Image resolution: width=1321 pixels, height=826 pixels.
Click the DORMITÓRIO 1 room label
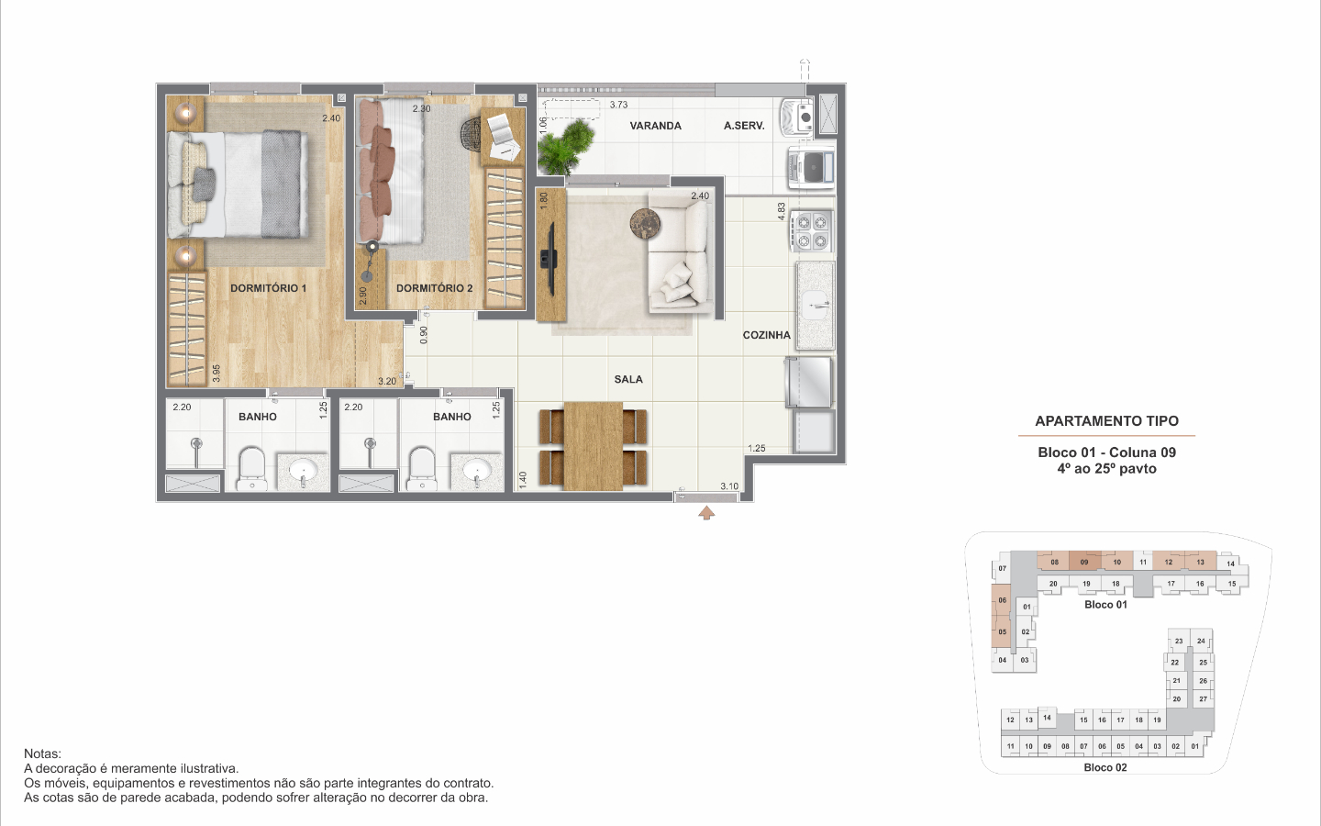[268, 288]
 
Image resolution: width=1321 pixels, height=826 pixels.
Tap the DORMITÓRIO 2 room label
[435, 288]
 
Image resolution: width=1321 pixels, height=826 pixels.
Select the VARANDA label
[655, 126]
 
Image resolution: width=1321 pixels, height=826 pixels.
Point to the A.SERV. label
[744, 126]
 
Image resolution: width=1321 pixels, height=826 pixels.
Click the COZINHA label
[767, 335]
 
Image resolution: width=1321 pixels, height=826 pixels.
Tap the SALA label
[628, 379]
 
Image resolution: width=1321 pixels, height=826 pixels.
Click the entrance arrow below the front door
[706, 513]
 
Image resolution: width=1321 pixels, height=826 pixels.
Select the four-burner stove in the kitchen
[812, 230]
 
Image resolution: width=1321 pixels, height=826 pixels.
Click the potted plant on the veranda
[565, 147]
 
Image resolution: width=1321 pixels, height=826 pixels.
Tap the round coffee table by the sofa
[645, 224]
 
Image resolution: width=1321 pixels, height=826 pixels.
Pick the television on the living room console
[549, 259]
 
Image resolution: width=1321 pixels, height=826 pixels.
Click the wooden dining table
[594, 446]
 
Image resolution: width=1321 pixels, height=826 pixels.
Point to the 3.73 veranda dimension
[618, 105]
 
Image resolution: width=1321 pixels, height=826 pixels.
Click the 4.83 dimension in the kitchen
[782, 212]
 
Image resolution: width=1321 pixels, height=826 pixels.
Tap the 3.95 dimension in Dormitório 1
[216, 374]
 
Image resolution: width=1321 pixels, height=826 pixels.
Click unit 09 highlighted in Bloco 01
[1084, 561]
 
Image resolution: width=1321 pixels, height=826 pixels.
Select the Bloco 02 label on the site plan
[1105, 767]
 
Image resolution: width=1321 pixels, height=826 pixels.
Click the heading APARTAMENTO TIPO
[1107, 421]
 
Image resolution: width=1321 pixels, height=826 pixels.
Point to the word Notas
[42, 754]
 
